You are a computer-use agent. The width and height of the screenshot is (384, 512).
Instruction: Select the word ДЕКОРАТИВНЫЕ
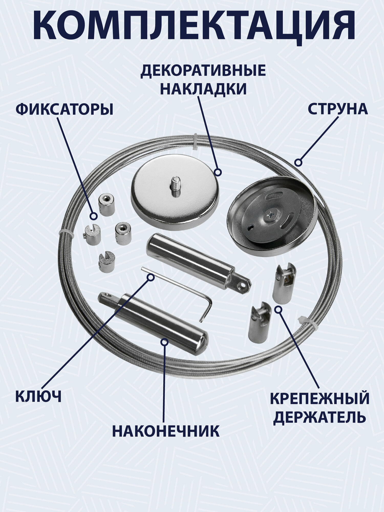[x=203, y=71]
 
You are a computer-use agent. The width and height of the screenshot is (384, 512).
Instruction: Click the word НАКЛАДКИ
[x=204, y=89]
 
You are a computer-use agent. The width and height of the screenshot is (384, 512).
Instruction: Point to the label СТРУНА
[x=338, y=109]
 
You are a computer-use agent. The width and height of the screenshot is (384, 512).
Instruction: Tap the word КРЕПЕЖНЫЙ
[x=320, y=399]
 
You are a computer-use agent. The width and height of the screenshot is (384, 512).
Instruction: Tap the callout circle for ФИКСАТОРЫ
[x=94, y=216]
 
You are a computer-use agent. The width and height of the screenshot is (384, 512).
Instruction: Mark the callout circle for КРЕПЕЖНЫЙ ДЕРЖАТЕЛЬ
[x=278, y=310]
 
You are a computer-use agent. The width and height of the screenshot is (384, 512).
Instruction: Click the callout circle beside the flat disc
[x=218, y=172]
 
